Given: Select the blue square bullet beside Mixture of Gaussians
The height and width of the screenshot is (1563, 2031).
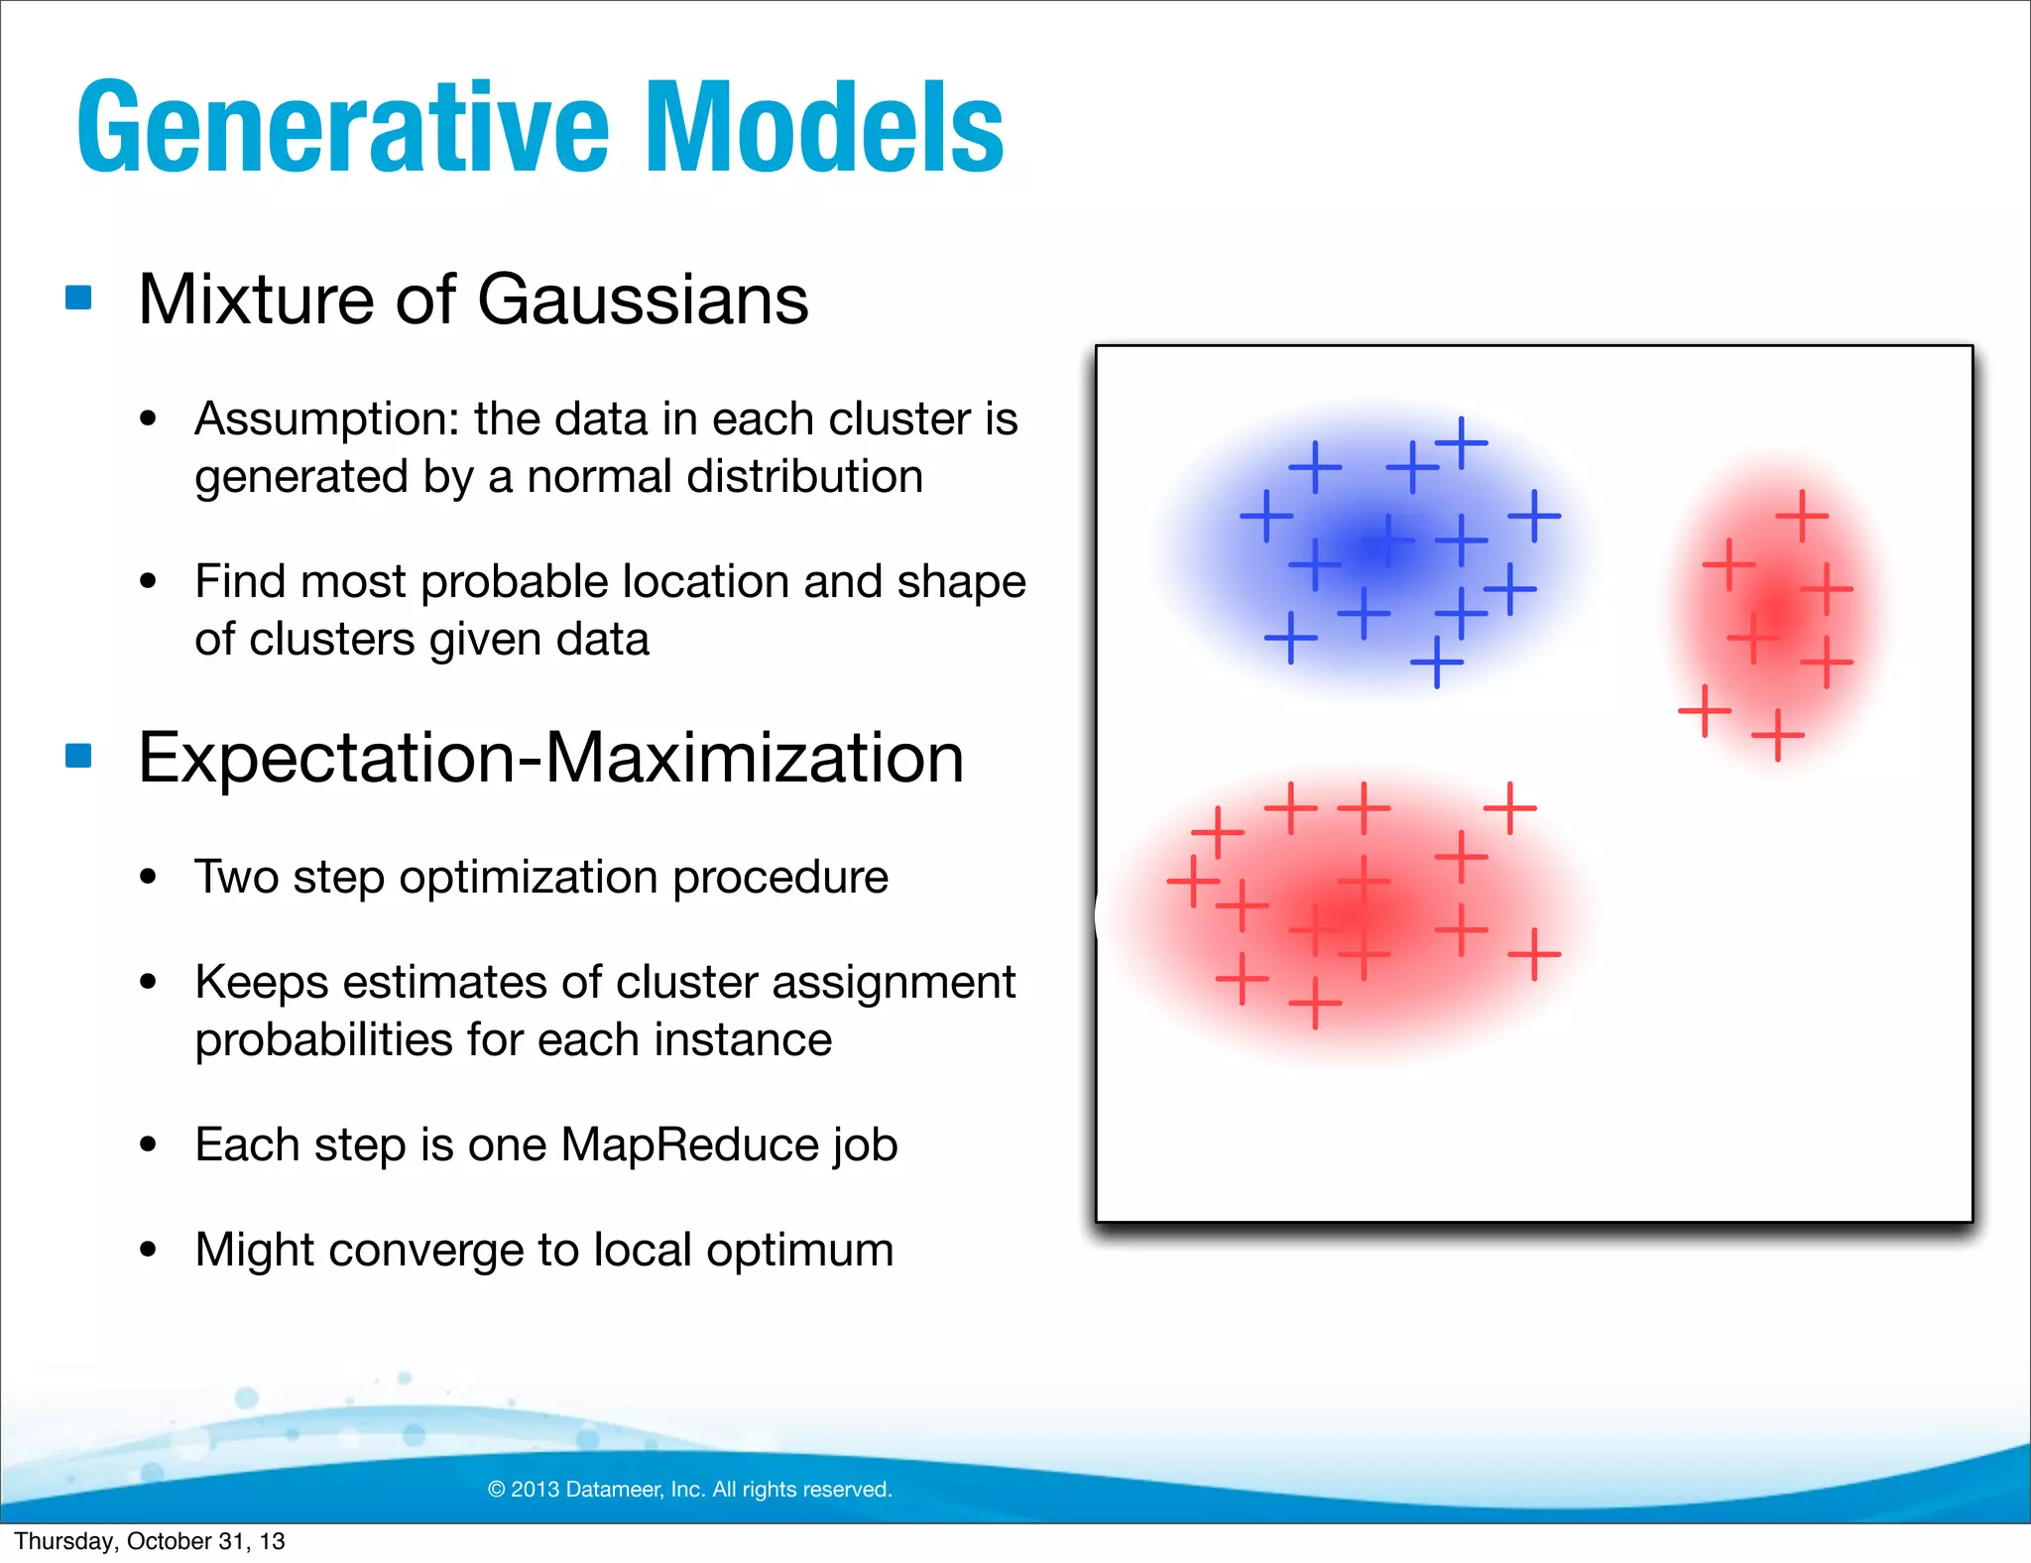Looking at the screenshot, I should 78,298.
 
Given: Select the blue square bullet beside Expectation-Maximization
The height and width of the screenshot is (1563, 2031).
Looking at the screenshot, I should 78,756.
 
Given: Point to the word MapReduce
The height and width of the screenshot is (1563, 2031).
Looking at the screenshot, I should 688,1144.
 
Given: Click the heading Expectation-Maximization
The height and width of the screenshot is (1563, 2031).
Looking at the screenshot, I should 550,758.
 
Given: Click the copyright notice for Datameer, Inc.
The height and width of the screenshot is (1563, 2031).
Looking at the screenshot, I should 690,1489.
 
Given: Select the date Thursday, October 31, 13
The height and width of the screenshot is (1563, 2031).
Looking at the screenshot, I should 150,1541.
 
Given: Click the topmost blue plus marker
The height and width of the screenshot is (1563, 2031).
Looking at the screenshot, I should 1461,442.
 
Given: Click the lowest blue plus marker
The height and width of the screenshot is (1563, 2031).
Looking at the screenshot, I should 1436,661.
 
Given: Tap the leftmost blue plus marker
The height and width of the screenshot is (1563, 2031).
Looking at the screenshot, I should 1266,516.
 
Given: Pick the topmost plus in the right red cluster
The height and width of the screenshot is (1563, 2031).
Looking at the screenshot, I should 1802,516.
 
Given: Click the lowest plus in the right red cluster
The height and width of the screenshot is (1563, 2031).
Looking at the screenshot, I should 1777,735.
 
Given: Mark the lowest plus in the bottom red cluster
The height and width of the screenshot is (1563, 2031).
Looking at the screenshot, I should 1315,1003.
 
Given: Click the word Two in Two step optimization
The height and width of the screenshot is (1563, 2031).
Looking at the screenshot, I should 235,877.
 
